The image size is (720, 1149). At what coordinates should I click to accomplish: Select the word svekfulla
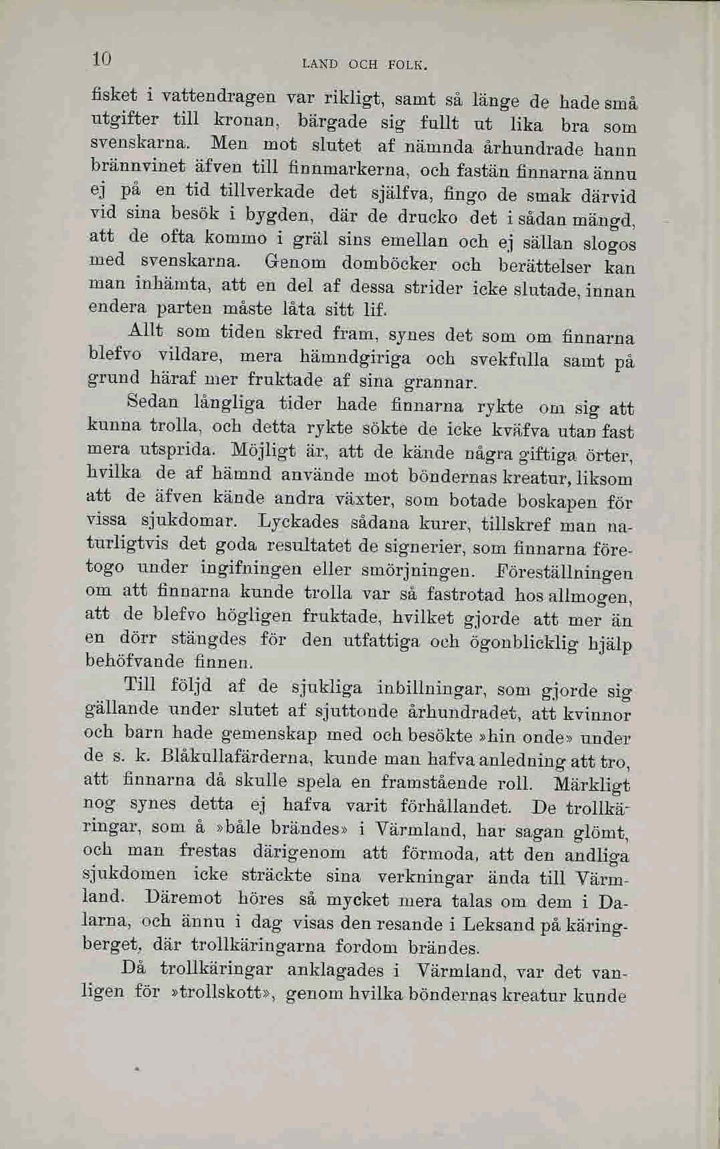(509, 360)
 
